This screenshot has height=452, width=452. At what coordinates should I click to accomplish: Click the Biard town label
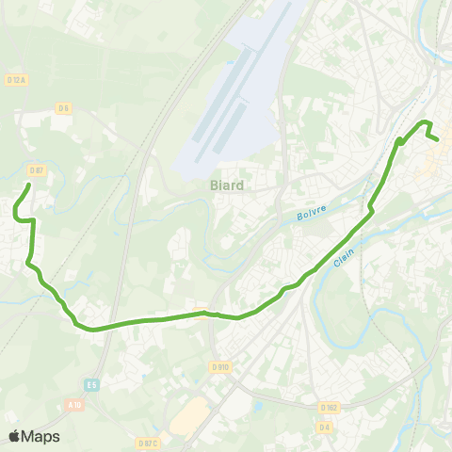(x=227, y=186)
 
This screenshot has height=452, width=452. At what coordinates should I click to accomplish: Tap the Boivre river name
(x=312, y=216)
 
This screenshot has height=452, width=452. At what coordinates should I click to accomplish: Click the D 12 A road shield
(x=16, y=80)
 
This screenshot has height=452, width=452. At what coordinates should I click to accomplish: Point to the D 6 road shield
(x=62, y=107)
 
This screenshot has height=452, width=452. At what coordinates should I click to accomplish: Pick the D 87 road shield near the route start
(x=36, y=169)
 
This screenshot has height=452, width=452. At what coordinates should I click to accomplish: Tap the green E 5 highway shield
(x=91, y=384)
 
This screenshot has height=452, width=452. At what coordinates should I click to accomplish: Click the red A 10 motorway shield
(x=75, y=405)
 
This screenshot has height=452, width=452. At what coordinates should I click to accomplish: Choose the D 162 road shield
(x=329, y=408)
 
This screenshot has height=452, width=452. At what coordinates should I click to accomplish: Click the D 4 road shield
(x=325, y=428)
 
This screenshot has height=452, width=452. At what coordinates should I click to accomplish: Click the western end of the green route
(x=28, y=186)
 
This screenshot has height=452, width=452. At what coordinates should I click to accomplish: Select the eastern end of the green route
(x=439, y=140)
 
